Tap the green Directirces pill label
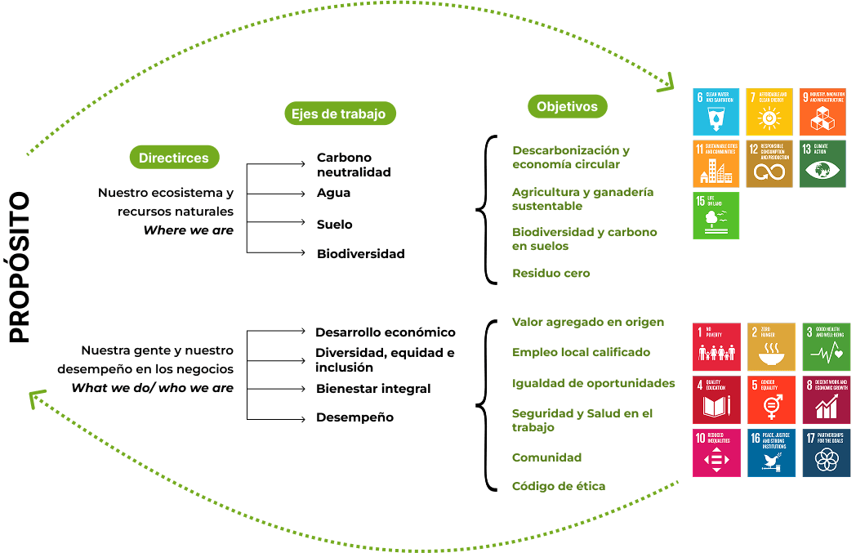(173, 158)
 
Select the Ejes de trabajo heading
(338, 114)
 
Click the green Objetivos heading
(567, 106)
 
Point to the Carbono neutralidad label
(354, 164)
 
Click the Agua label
(333, 193)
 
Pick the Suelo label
(335, 224)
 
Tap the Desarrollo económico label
(386, 332)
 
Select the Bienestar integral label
(373, 388)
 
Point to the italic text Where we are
(189, 230)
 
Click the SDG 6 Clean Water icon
(716, 112)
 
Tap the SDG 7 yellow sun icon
(769, 112)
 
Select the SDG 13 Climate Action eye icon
(823, 164)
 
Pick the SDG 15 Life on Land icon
(716, 216)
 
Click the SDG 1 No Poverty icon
(716, 347)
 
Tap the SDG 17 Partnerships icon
(826, 453)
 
